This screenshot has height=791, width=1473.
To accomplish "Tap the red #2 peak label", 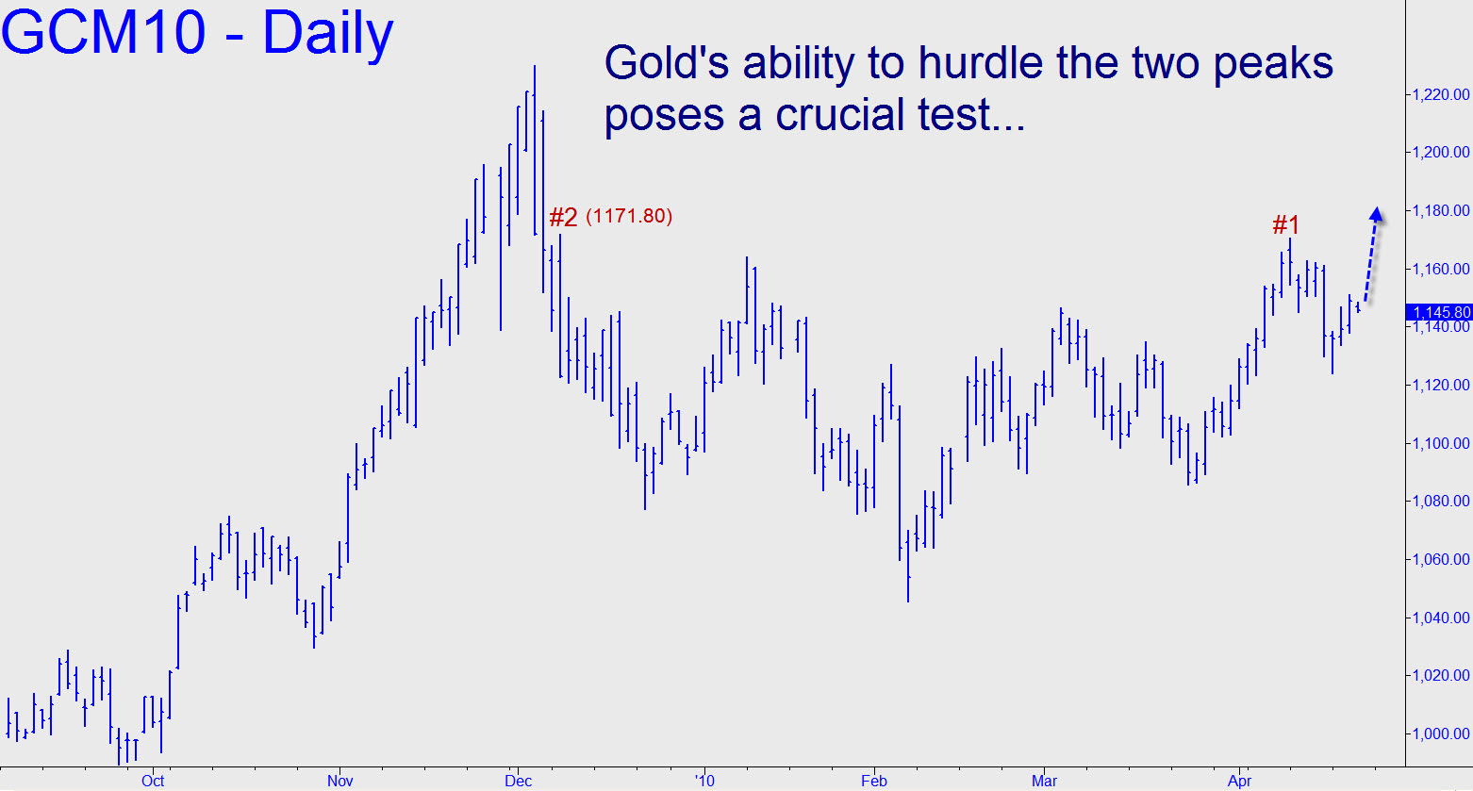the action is (x=564, y=217).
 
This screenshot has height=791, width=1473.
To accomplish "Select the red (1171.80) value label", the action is (x=629, y=216).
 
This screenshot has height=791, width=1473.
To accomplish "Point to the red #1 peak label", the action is (x=1285, y=225).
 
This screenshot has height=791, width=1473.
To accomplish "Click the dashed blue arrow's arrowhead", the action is (x=1376, y=214).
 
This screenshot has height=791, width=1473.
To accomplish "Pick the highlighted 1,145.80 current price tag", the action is (x=1439, y=312).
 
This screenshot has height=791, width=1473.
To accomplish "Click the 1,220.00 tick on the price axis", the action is (x=1440, y=94).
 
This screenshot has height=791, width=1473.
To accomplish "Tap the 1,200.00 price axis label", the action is (x=1440, y=152).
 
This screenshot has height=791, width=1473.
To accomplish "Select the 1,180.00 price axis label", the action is (x=1440, y=210).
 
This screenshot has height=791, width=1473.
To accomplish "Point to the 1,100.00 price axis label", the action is (x=1440, y=443).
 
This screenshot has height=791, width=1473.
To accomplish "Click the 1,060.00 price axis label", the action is (x=1440, y=559).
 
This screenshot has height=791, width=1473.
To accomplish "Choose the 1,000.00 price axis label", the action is (x=1440, y=733).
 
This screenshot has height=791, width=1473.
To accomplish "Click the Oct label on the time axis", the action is (x=153, y=782).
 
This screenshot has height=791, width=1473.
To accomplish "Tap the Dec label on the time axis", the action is (x=518, y=782).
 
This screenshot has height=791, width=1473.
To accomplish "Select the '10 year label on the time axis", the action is (x=704, y=782).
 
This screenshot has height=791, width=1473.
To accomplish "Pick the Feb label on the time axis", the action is (x=874, y=782).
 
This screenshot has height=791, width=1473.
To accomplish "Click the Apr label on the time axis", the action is (x=1240, y=782).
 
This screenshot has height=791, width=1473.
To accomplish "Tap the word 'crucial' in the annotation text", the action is (x=840, y=114).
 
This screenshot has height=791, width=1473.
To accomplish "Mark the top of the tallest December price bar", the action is (x=535, y=66).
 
